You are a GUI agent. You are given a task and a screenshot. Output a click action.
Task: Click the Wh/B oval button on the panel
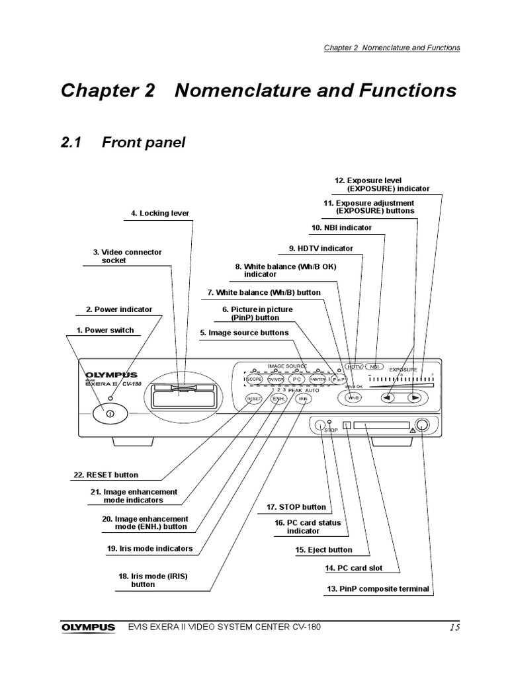pyautogui.click(x=354, y=398)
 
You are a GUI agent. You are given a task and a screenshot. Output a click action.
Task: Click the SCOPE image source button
pyautogui.click(x=254, y=379)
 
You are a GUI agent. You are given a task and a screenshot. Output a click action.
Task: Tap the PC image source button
pyautogui.click(x=297, y=379)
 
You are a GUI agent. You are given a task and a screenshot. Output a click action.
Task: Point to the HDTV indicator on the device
pyautogui.click(x=356, y=366)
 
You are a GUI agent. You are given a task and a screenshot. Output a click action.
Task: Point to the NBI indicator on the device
pyautogui.click(x=375, y=366)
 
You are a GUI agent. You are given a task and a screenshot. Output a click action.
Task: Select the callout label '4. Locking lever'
pyautogui.click(x=159, y=214)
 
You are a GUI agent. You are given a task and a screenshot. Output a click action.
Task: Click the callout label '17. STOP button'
pyautogui.click(x=296, y=507)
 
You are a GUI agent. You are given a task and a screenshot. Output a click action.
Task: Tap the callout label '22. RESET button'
pyautogui.click(x=106, y=475)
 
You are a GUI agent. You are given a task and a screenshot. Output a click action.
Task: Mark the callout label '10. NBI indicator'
pyautogui.click(x=341, y=227)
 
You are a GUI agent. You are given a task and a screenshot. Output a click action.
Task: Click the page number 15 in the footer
pyautogui.click(x=452, y=627)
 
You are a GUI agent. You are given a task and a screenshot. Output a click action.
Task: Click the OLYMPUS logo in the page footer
pyautogui.click(x=88, y=627)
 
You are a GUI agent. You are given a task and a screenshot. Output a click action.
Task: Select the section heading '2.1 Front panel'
pyautogui.click(x=123, y=142)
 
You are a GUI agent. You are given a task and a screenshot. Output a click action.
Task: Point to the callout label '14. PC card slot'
pyautogui.click(x=353, y=568)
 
